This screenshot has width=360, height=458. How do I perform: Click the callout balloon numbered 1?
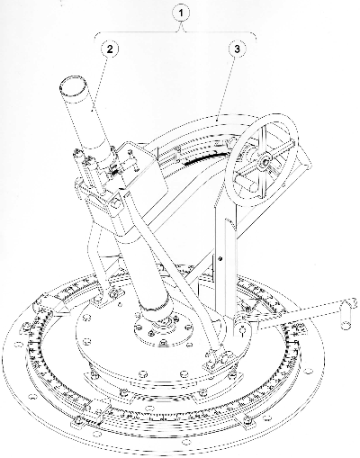click(181, 13)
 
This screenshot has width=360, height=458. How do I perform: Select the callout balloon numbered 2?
click(110, 49)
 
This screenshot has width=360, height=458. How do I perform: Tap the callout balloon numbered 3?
click(238, 49)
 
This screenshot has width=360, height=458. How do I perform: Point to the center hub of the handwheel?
click(265, 162)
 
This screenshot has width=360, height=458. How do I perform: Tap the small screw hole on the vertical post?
click(220, 258)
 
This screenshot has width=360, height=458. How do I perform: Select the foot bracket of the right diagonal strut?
click(220, 359)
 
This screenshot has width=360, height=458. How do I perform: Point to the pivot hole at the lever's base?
click(243, 330)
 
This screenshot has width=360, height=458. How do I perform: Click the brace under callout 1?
click(175, 34)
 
